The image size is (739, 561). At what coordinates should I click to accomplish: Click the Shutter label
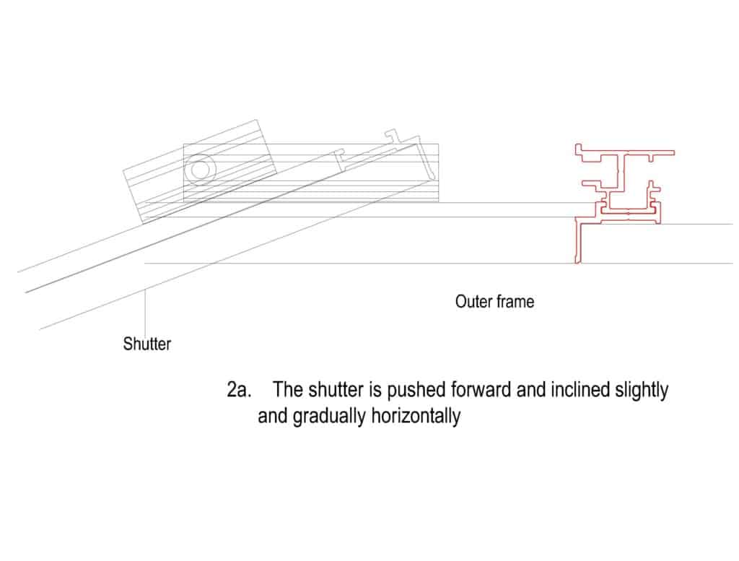pos(147,344)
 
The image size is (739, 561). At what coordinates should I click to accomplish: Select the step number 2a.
pos(238,390)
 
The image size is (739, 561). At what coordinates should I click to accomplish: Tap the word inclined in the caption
pos(580,390)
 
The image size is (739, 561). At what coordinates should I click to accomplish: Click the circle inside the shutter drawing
pos(200,170)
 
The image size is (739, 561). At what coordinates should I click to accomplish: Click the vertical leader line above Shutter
pos(145,311)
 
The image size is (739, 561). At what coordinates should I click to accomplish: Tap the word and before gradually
pos(273,417)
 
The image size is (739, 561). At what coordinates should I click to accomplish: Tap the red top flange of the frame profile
pos(625,153)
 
